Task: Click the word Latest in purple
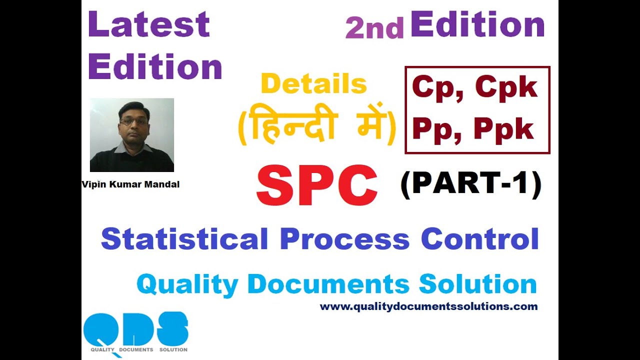pyautogui.click(x=149, y=25)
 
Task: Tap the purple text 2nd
pyautogui.click(x=374, y=29)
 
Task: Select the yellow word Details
pyautogui.click(x=314, y=84)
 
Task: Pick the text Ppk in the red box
pyautogui.click(x=504, y=130)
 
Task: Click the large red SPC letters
pyautogui.click(x=317, y=186)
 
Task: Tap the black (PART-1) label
pyautogui.click(x=471, y=184)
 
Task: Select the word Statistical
pyautogui.click(x=184, y=239)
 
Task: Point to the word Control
pyautogui.click(x=479, y=239)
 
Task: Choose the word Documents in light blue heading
pyautogui.click(x=328, y=284)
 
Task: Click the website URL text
pyautogui.click(x=428, y=306)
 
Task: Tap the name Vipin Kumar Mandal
pyautogui.click(x=130, y=184)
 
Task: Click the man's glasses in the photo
pyautogui.click(x=133, y=120)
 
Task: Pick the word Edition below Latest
pyautogui.click(x=155, y=67)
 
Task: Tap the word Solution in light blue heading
pyautogui.click(x=477, y=284)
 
